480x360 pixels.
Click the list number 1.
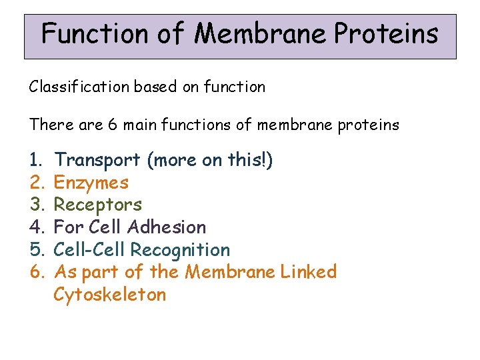tap(34, 160)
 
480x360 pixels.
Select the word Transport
tap(97, 160)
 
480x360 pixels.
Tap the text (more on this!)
tap(210, 160)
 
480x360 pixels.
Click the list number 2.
tap(35, 183)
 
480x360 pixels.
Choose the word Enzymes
tap(91, 183)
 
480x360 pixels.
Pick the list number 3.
tap(35, 205)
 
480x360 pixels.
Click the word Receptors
tap(97, 205)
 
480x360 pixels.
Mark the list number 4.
tap(35, 227)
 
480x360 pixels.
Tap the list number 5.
tap(35, 250)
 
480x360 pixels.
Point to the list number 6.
tap(35, 272)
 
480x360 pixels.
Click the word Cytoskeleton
tap(109, 295)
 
